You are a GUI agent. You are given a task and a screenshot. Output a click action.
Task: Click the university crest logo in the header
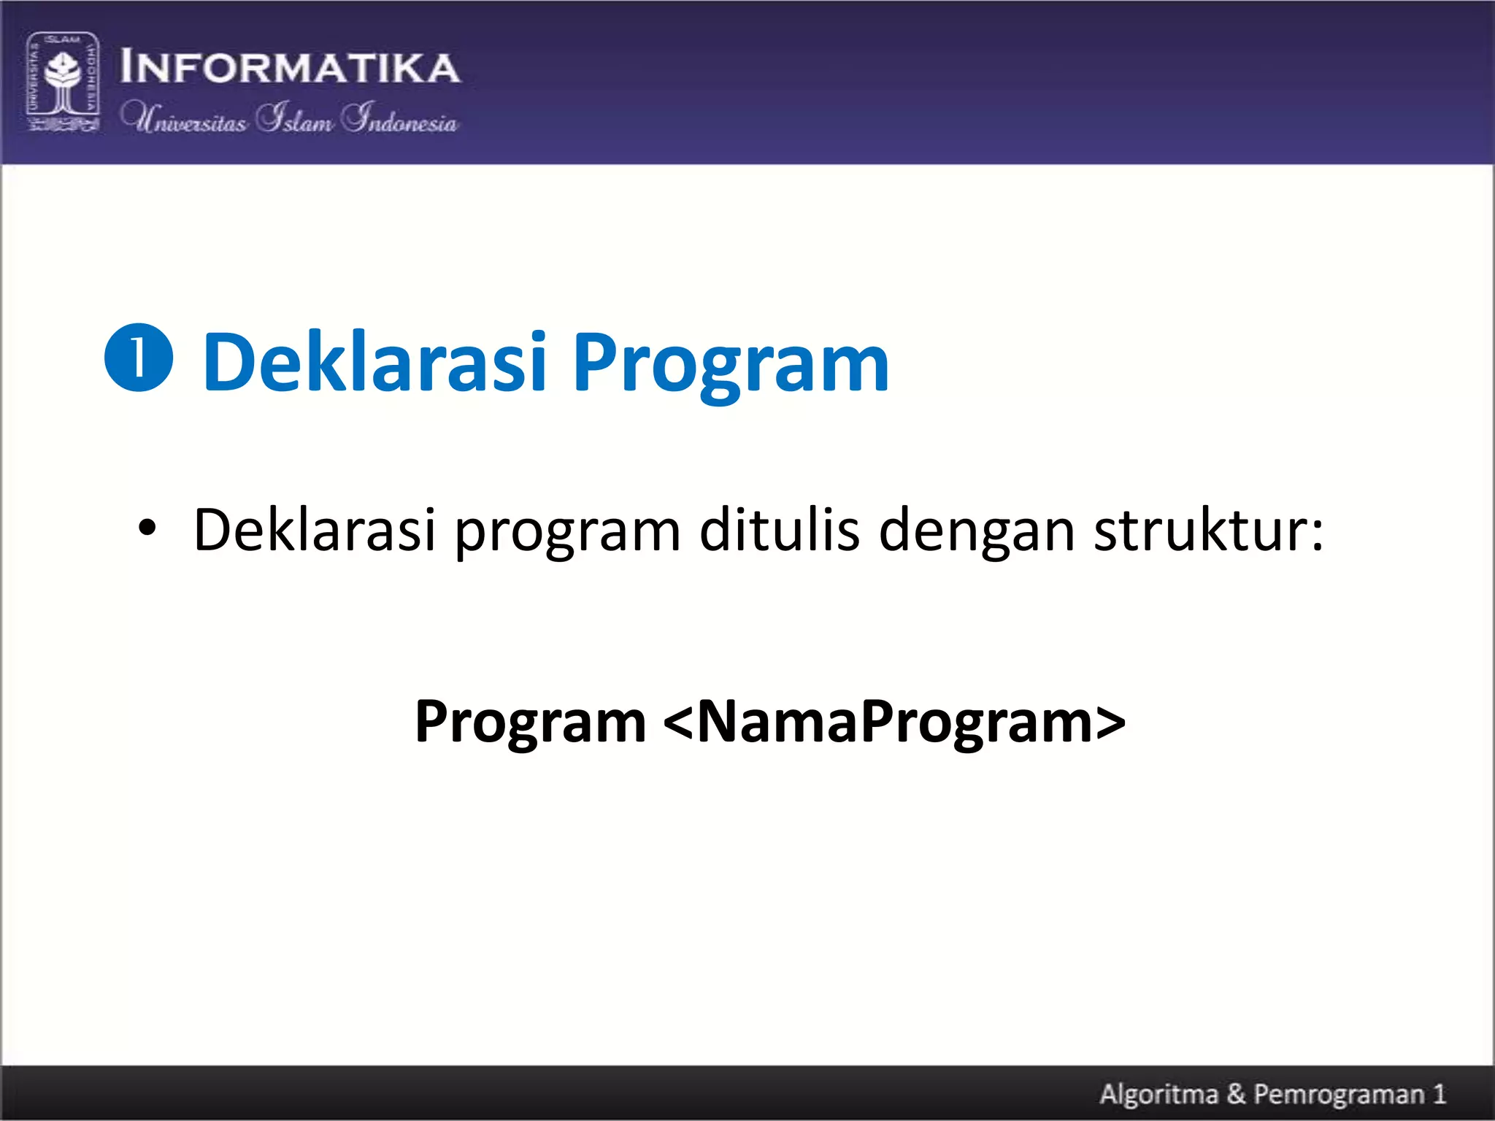(63, 82)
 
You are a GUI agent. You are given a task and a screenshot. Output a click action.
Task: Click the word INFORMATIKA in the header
(290, 67)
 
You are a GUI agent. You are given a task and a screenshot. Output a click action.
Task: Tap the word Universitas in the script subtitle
(184, 118)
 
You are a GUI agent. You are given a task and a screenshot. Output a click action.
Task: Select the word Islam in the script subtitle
(295, 118)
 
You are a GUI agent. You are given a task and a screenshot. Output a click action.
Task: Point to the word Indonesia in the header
(400, 118)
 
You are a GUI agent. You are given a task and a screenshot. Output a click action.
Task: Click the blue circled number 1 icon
(139, 358)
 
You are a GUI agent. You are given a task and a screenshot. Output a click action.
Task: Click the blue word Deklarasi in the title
(374, 362)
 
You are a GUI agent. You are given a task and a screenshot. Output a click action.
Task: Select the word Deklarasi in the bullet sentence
(315, 529)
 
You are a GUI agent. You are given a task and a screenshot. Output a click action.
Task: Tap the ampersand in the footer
(1236, 1094)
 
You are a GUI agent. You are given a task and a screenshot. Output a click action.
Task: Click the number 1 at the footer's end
(1439, 1094)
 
